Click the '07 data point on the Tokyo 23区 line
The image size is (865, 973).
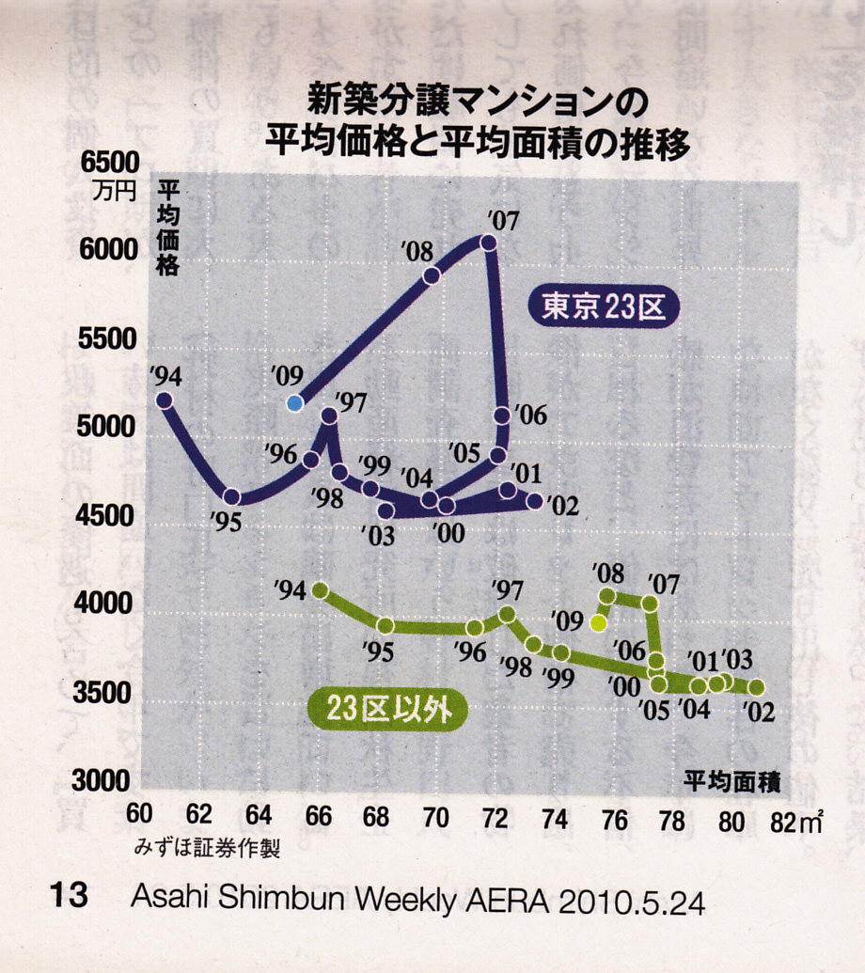(488, 243)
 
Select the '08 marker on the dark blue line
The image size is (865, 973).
(432, 275)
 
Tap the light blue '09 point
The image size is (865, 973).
(295, 403)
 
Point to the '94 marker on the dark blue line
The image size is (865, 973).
(164, 400)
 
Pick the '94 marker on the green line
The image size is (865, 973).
(320, 590)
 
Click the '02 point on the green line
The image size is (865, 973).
(756, 687)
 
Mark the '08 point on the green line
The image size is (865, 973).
(607, 596)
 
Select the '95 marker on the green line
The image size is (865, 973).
(385, 625)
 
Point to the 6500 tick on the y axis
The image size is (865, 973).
(110, 164)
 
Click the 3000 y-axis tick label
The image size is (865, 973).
(109, 780)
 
